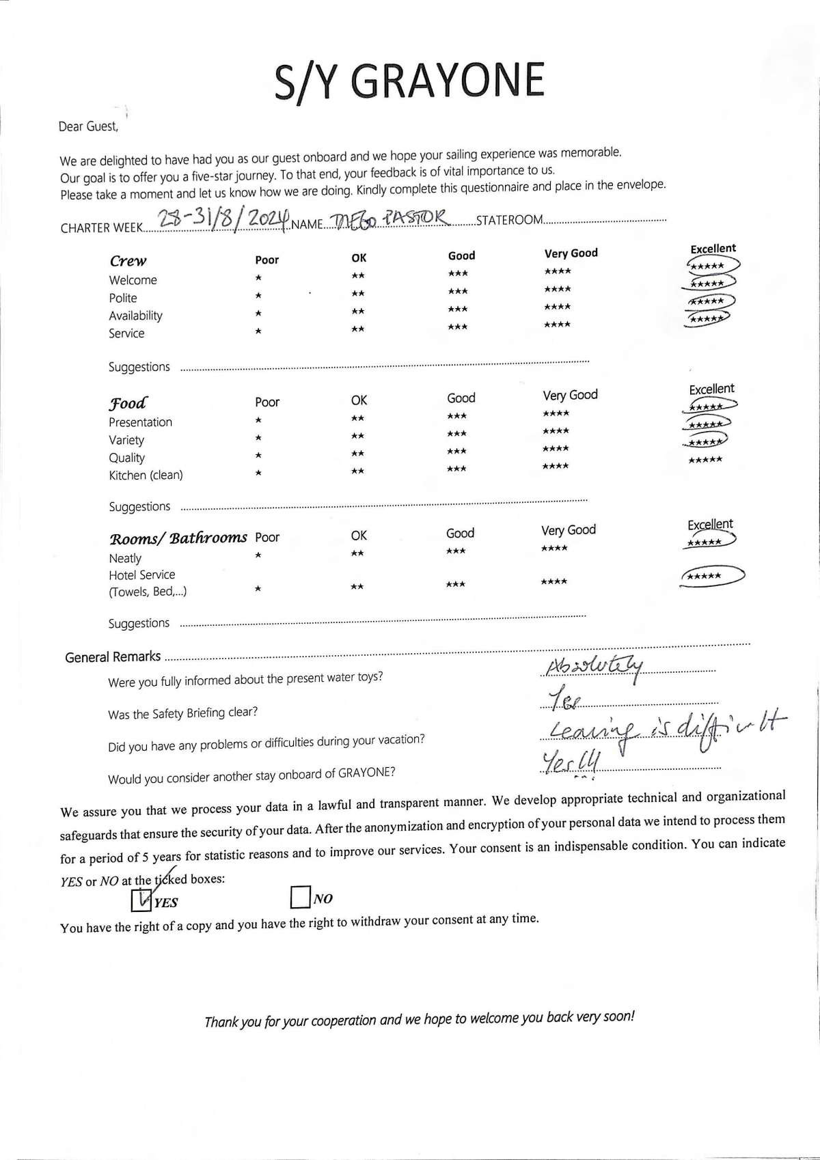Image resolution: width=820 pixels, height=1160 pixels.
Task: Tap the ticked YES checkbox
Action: [x=141, y=900]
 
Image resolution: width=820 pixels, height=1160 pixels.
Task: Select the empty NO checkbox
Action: [x=300, y=898]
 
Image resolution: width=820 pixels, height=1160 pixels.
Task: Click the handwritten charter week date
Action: [x=221, y=220]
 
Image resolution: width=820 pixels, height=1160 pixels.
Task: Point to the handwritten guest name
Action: [x=390, y=219]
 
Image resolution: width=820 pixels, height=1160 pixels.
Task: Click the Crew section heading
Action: [x=128, y=261]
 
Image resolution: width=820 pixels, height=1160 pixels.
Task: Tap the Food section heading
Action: [x=128, y=403]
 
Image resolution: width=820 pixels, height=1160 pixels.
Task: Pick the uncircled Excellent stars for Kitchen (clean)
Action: [x=705, y=460]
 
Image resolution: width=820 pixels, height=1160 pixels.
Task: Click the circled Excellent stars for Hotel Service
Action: [x=711, y=576]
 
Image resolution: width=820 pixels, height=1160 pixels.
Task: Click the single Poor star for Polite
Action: [x=258, y=296]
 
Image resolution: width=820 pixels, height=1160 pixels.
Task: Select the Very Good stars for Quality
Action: [x=556, y=449]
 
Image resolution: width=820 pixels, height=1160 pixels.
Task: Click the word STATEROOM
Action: [x=510, y=220]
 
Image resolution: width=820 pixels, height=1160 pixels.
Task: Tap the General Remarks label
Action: [x=113, y=657]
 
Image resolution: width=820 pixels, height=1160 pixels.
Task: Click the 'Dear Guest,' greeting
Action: [x=88, y=126]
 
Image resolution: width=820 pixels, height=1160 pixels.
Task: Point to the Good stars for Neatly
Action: [x=455, y=551]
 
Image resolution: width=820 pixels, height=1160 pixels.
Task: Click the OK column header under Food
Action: [x=359, y=400]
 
